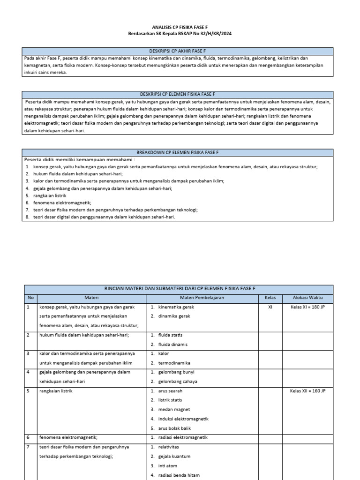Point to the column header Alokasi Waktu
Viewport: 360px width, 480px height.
pos(307,298)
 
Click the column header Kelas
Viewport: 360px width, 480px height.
pos(270,298)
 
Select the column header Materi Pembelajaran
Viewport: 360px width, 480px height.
pos(202,298)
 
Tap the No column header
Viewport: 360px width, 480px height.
pos(30,298)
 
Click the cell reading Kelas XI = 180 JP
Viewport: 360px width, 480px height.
pos(307,307)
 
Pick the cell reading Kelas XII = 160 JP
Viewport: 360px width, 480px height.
pos(307,390)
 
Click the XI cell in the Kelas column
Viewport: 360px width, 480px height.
pos(270,307)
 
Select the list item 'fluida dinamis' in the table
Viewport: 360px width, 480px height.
pos(173,344)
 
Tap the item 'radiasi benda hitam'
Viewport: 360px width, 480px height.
pos(179,475)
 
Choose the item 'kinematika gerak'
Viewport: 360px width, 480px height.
pos(176,307)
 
